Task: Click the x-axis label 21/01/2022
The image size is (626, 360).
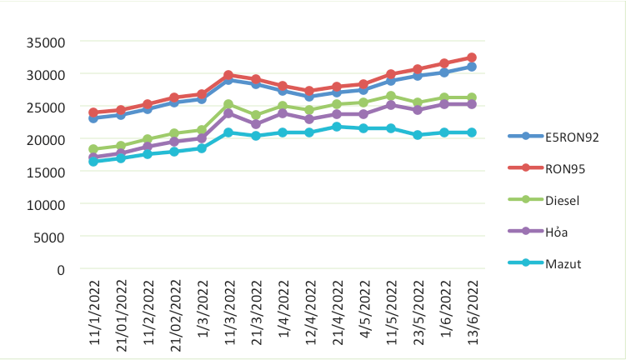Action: (121, 312)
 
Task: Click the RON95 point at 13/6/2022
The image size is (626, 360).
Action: (472, 57)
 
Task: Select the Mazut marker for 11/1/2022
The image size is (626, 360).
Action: (93, 162)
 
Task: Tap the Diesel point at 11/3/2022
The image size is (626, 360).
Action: (228, 105)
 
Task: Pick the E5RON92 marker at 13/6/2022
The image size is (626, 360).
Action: (472, 67)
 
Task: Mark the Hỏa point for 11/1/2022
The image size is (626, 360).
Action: (93, 157)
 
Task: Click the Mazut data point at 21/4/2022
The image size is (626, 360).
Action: (337, 127)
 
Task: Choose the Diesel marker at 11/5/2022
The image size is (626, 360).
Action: (391, 97)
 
